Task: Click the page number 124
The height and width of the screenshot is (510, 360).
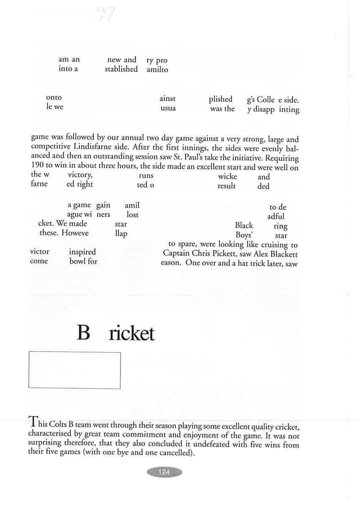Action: click(x=164, y=472)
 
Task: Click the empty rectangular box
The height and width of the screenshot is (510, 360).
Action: click(x=74, y=370)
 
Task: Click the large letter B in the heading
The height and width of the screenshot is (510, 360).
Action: click(x=83, y=334)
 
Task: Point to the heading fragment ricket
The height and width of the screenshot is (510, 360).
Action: click(x=132, y=334)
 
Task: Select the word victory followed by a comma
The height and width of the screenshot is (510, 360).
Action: click(x=80, y=176)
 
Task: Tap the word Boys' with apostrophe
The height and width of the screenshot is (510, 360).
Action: click(x=244, y=235)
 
